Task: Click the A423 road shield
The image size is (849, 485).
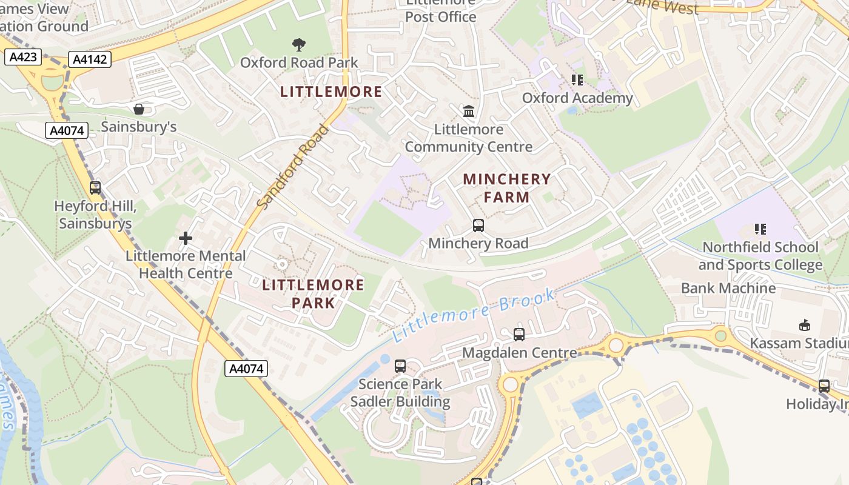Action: click(24, 58)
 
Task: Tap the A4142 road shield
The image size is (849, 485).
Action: click(90, 59)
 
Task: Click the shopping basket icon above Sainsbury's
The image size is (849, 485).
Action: click(139, 109)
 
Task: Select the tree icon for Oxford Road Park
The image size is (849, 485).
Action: click(298, 44)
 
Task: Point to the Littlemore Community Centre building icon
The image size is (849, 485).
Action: click(469, 112)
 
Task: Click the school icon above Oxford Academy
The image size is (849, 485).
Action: click(577, 80)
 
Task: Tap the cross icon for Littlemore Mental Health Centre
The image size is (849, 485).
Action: click(186, 238)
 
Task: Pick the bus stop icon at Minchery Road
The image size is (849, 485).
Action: click(478, 226)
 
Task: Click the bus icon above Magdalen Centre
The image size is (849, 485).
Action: click(519, 335)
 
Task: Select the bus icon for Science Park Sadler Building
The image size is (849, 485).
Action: click(400, 366)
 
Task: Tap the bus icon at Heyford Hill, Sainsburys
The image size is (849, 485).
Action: click(95, 188)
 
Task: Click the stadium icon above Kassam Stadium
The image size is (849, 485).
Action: click(804, 326)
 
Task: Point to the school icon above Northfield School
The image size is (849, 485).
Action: click(760, 229)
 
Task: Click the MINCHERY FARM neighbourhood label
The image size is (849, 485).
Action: click(507, 188)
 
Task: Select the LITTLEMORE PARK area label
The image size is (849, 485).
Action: click(313, 293)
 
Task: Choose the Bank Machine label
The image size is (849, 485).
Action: click(728, 288)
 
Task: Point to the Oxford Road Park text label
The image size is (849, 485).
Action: click(299, 62)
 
